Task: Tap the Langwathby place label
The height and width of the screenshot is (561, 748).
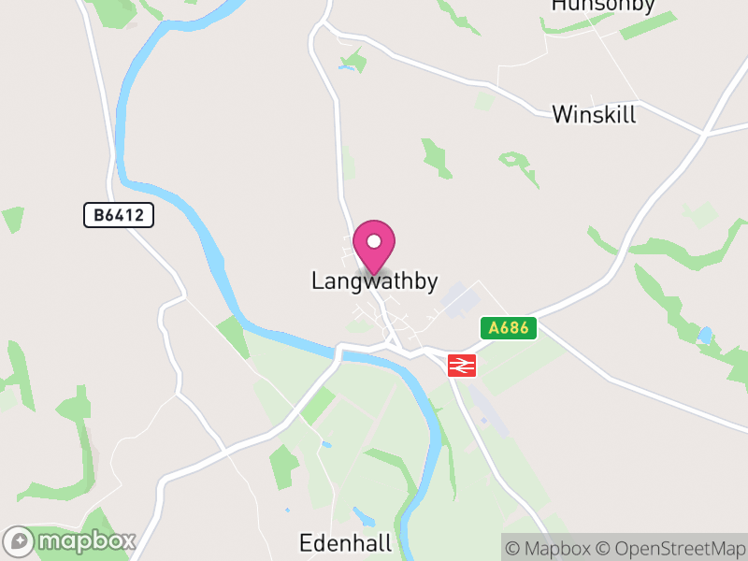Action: coord(374,281)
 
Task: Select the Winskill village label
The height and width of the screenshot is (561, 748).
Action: coord(594,115)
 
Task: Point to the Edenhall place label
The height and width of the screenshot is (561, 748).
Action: coord(345,543)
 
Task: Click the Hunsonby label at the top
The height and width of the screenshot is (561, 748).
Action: coord(602,5)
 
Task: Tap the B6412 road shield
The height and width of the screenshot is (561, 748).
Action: coord(119,216)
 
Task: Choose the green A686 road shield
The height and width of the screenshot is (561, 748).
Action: coord(509,328)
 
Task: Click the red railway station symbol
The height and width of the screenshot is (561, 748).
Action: coord(462,365)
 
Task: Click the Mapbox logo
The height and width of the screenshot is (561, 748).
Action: coord(71,540)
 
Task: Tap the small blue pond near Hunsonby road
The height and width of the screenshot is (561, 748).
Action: coord(349,67)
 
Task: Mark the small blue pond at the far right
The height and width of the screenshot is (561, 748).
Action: coord(705,334)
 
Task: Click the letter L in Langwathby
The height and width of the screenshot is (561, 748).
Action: coord(317,281)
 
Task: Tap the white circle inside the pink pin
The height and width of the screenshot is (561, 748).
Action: coord(374,241)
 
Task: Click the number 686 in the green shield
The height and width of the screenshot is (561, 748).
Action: coord(513,328)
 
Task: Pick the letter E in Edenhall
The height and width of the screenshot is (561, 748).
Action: coord(305,543)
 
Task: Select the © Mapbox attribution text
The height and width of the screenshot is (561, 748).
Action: coord(553,548)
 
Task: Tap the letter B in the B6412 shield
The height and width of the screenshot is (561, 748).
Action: coord(97,216)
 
